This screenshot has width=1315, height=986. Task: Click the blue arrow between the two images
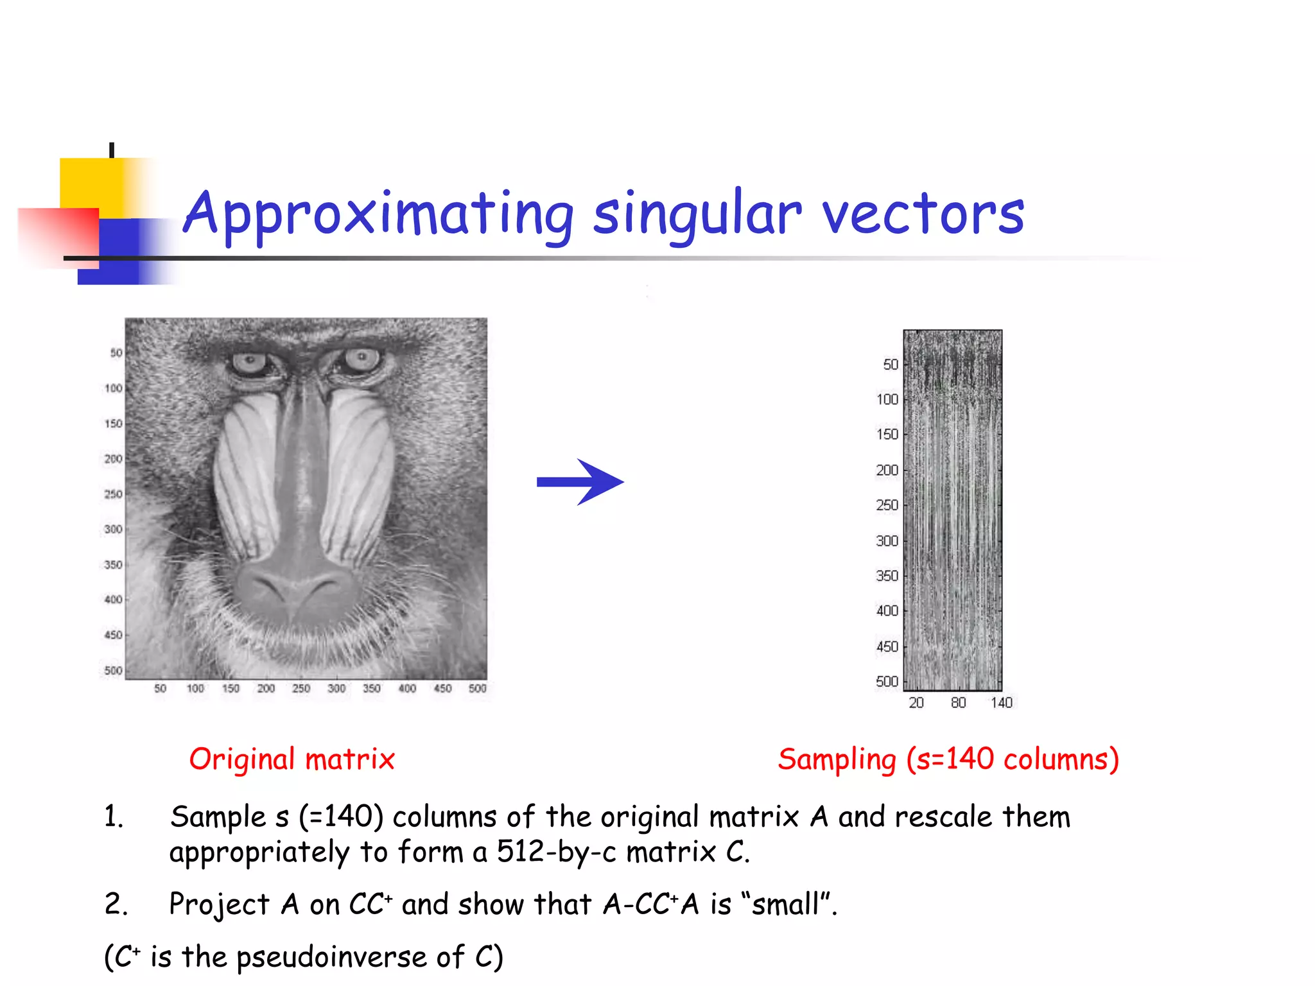pos(580,481)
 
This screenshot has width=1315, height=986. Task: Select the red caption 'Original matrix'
pos(292,759)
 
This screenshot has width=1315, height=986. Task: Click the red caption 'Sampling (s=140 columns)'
pos(948,759)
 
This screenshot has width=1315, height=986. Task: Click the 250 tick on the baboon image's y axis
pos(113,494)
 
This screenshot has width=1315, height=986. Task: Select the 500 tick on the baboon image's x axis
pos(477,689)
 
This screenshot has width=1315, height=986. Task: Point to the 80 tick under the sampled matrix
pos(958,703)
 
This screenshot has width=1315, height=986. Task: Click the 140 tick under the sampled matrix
pos(1001,703)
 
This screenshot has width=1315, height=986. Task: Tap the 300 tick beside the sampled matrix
pos(887,541)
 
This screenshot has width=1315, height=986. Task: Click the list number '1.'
pos(114,817)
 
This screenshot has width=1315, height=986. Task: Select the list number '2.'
pos(116,904)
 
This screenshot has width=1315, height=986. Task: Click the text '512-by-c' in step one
pos(556,852)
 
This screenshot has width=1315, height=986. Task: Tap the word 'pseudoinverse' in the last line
pos(331,956)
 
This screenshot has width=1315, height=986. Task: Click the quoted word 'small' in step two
pos(785,904)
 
